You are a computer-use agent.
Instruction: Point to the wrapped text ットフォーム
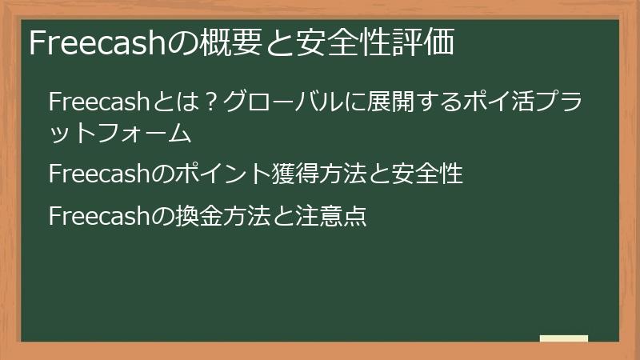121,133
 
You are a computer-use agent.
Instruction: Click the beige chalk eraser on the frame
563,339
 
